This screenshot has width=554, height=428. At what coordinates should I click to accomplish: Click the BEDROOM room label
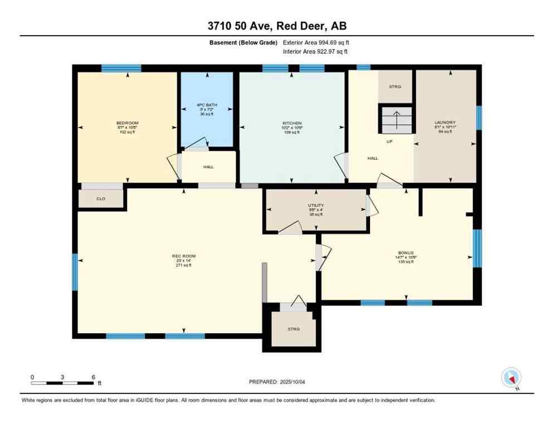click(127, 123)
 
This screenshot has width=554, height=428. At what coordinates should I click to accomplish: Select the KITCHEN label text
click(291, 123)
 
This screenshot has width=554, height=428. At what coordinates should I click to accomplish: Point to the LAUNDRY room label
click(445, 123)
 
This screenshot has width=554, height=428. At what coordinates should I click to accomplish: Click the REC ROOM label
click(183, 256)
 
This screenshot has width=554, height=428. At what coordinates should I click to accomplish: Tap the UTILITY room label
click(316, 205)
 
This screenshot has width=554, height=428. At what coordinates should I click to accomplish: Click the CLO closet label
click(101, 198)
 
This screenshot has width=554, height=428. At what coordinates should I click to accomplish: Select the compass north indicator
click(511, 378)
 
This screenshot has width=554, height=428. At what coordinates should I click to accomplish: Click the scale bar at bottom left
click(62, 383)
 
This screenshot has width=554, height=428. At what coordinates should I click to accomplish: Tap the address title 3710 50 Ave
click(276, 26)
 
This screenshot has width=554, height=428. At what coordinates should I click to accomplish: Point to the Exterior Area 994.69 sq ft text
click(316, 42)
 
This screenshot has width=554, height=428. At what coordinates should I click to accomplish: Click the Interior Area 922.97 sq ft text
click(316, 52)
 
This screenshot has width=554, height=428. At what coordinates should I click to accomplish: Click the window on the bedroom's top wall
click(121, 69)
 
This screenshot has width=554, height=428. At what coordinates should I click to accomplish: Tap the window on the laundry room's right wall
click(478, 118)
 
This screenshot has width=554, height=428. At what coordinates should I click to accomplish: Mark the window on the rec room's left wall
click(75, 271)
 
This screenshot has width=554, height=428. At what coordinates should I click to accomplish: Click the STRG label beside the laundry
click(395, 86)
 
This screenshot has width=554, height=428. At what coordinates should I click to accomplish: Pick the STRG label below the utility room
click(293, 329)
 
